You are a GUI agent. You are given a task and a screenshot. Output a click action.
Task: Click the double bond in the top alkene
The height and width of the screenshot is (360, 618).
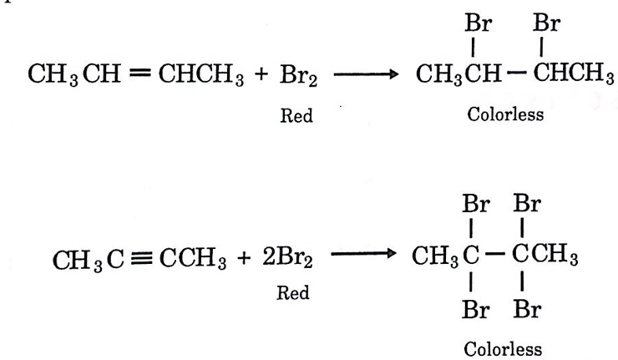pos(140,73)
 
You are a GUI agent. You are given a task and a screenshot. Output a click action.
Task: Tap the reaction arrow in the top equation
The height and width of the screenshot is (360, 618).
pos(366,74)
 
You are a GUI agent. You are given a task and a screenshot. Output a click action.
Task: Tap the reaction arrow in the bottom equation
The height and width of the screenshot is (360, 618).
pos(363,254)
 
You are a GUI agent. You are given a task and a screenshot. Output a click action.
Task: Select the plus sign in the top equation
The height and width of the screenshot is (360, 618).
pos(261,74)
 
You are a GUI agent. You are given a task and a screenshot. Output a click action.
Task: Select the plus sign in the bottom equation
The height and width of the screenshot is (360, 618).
pos(244,258)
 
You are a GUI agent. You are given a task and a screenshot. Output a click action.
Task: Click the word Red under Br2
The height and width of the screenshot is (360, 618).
pos(296,115)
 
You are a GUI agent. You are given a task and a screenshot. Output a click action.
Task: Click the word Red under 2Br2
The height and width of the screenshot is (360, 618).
pos(293,292)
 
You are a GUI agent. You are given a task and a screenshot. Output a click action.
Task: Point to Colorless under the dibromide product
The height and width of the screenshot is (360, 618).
pos(505,114)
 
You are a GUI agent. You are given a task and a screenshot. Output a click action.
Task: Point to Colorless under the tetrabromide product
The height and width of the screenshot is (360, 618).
pos(503,349)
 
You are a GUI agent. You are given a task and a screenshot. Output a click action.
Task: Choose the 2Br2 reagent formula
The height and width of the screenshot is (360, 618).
pos(287,257)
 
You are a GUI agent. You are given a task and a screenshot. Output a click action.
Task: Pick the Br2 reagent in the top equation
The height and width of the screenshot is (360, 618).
pos(298,75)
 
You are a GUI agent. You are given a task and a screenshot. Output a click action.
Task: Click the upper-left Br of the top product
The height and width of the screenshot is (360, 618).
pos(478,23)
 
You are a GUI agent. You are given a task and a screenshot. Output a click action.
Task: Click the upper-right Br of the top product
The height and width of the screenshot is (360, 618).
pos(547,23)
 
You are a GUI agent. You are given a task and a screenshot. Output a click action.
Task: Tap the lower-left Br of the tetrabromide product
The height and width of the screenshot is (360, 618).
pos(476,310)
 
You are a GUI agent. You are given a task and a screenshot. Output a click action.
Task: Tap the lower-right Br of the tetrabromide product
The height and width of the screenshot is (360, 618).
pos(527,310)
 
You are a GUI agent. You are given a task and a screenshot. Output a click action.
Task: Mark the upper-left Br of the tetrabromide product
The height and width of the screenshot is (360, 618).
pos(476,204)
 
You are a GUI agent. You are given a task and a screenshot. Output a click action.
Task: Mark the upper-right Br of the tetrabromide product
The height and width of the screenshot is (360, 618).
pos(527,204)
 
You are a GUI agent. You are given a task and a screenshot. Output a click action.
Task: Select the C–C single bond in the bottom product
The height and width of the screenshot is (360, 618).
pos(494,254)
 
